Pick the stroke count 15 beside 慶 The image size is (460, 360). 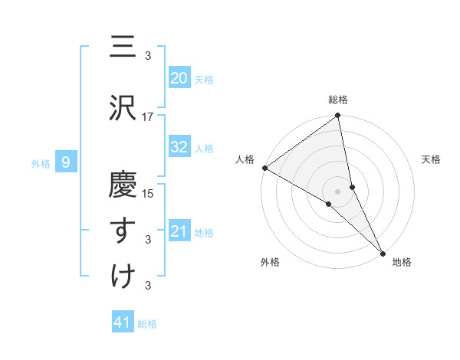[x=148, y=193]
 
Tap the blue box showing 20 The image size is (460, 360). [x=179, y=77]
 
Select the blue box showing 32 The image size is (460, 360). [x=179, y=147]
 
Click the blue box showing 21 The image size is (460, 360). [x=179, y=231]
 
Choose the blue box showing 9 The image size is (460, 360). [x=66, y=162]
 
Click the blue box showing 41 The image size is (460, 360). [x=123, y=322]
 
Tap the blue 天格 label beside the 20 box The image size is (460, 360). [x=204, y=79]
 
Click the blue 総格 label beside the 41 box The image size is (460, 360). [x=147, y=324]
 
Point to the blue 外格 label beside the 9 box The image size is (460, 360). [x=40, y=163]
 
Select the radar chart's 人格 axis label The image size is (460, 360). [x=245, y=159]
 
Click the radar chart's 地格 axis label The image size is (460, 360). [x=402, y=263]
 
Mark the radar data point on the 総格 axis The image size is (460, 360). [x=338, y=116]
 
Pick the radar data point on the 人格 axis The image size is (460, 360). [x=264, y=168]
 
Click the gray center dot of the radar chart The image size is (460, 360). [x=338, y=191]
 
